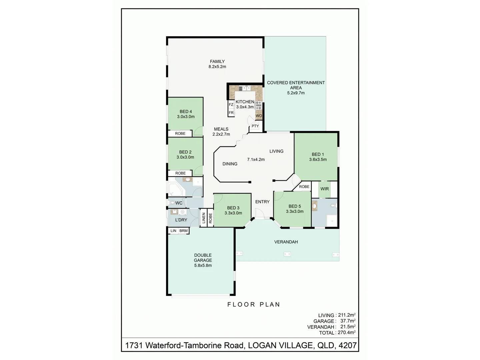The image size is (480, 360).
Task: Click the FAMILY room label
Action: (217, 61)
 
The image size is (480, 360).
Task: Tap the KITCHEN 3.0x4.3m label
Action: (245, 104)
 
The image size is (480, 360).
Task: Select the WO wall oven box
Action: (259, 116)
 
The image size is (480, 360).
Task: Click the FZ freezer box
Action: (231, 105)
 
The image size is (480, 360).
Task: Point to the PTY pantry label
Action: (255, 126)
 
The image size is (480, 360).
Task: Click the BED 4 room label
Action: (186, 112)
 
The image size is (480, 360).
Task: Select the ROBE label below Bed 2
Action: (180, 173)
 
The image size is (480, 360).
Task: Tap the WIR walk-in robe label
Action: (324, 189)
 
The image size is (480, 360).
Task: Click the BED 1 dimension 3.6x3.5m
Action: (318, 160)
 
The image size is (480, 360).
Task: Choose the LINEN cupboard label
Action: (204, 218)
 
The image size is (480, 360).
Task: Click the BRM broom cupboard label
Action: (183, 231)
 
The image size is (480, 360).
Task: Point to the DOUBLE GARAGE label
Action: (203, 258)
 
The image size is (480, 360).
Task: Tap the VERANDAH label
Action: (286, 242)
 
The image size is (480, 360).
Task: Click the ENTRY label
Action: (262, 202)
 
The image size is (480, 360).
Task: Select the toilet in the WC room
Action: (172, 202)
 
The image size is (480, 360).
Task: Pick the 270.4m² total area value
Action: (347, 332)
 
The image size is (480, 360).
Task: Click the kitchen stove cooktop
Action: (259, 105)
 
